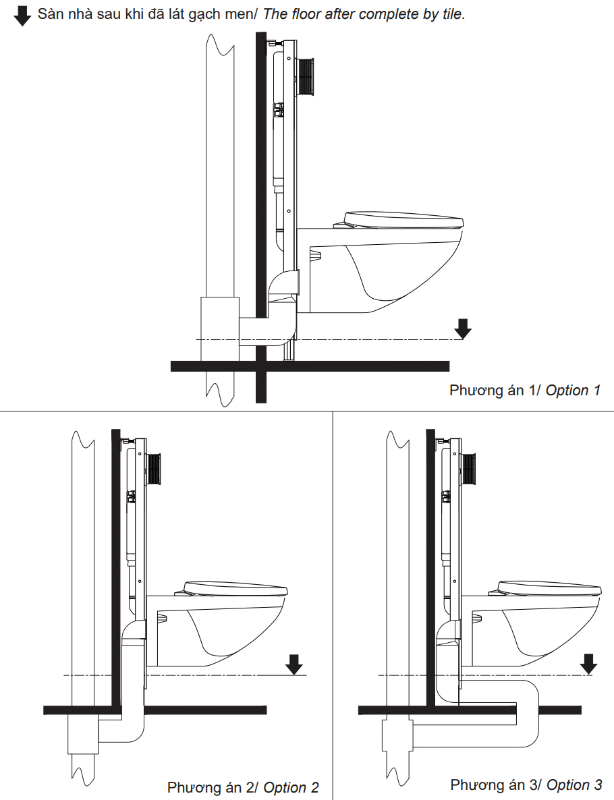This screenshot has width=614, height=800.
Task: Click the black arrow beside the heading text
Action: click(22, 16)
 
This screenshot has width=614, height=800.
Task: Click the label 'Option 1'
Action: click(573, 390)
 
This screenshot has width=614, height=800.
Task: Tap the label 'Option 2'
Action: click(291, 787)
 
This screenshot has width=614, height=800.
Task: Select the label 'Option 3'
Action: click(574, 784)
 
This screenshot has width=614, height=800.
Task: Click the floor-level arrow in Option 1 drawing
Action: click(463, 328)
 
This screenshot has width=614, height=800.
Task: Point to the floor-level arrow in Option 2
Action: click(294, 664)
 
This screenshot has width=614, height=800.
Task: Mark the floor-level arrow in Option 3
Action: click(589, 664)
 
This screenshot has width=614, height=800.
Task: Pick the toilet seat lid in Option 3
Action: click(548, 588)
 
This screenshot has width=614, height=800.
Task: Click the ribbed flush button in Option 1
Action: click(307, 76)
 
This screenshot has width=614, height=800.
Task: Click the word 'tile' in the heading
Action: click(451, 15)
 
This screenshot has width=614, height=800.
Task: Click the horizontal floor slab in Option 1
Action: click(351, 366)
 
